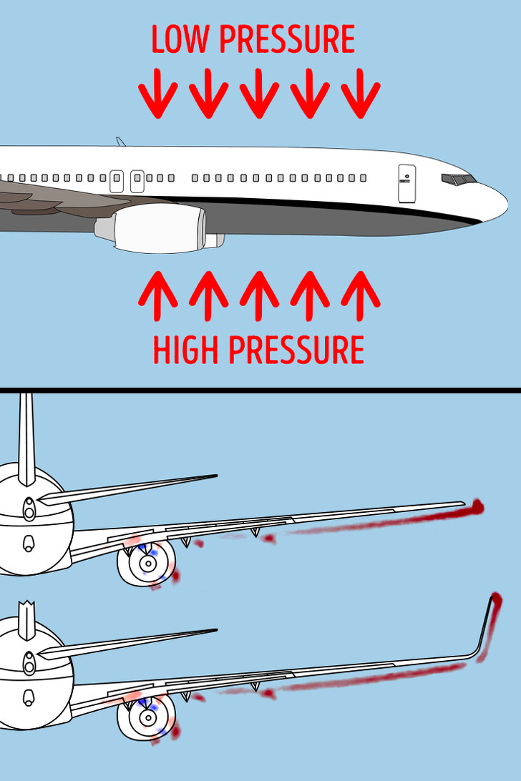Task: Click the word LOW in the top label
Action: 180,39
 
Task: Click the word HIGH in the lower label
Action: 185,349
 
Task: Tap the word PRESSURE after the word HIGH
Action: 296,349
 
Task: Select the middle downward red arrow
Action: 259,93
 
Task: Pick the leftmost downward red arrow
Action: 158,93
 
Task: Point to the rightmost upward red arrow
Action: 361,296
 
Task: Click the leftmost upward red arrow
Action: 158,296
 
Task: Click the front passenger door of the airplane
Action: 406,183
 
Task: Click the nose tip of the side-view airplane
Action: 507,203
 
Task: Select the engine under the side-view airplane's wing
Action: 160,228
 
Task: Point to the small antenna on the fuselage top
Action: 120,142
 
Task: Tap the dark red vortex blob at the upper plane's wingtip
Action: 477,506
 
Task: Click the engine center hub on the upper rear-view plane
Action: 147,564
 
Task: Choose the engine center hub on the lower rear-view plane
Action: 147,718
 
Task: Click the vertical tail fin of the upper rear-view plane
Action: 26,438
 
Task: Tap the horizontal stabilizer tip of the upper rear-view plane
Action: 215,476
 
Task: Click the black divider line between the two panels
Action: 260,390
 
